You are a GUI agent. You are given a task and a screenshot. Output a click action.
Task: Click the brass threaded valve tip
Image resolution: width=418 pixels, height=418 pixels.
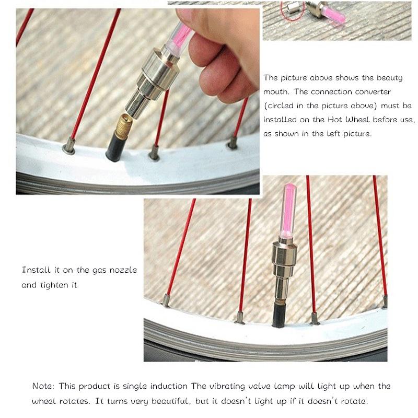click(123, 125)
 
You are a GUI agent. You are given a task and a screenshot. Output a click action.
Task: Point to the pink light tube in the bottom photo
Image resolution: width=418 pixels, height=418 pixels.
click(288, 211)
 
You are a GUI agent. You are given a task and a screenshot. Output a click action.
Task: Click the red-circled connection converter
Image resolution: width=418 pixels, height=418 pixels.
click(293, 8)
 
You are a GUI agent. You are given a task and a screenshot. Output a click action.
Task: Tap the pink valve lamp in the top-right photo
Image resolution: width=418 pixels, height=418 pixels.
click(334, 15)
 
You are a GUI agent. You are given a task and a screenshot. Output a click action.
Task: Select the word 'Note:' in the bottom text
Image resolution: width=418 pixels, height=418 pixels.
click(43, 386)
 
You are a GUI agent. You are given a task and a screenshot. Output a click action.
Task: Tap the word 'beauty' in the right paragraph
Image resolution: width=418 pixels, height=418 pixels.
click(389, 78)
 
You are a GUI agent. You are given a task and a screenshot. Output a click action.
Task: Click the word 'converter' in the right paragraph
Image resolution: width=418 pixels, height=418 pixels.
click(373, 92)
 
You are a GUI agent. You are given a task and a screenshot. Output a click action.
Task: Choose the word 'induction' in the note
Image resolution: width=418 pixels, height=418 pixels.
click(169, 386)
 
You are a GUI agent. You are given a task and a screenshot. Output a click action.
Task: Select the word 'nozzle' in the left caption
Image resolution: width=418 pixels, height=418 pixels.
click(123, 270)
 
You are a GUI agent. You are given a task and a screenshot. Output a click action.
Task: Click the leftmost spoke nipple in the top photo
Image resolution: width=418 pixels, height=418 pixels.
click(69, 146)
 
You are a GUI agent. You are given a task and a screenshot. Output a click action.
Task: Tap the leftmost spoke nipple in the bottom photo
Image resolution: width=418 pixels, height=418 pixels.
click(166, 300)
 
